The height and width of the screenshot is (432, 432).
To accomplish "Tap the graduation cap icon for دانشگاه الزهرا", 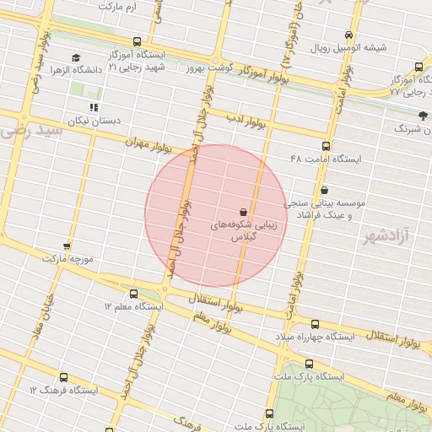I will (75, 57).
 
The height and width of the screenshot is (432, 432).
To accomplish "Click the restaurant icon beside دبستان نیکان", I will (94, 107).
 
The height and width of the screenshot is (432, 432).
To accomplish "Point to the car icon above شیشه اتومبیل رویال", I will (348, 35).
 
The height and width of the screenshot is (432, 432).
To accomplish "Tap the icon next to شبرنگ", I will (422, 115).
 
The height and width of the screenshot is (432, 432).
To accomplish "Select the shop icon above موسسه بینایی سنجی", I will (324, 191).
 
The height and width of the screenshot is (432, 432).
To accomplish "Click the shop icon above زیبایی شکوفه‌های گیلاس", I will (244, 211).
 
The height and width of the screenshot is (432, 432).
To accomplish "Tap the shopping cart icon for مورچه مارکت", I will (67, 246).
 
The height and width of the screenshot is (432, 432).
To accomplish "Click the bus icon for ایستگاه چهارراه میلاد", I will (315, 324).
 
